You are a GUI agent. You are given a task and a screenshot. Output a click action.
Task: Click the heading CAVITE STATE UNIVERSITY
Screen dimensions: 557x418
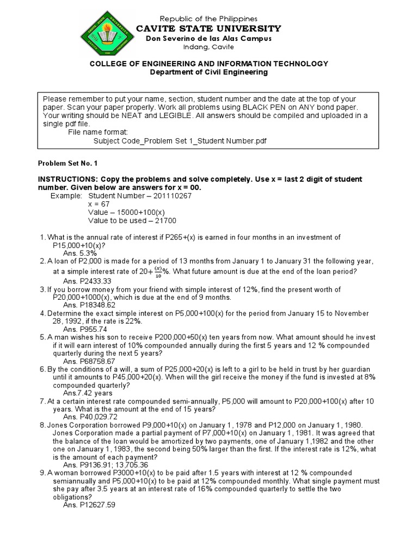pyautogui.click(x=208, y=28)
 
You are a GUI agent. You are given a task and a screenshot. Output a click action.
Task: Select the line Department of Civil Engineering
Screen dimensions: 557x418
pyautogui.click(x=208, y=72)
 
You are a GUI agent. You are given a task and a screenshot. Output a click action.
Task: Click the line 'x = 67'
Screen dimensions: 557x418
pyautogui.click(x=99, y=203)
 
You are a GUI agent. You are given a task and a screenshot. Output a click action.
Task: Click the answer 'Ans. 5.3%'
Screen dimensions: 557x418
pyautogui.click(x=80, y=253)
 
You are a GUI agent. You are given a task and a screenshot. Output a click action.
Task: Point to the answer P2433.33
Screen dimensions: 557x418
pyautogui.click(x=96, y=281)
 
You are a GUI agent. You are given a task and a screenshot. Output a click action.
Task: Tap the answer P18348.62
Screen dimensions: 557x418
pyautogui.click(x=98, y=305)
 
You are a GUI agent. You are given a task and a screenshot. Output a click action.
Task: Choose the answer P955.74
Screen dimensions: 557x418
pyautogui.click(x=94, y=329)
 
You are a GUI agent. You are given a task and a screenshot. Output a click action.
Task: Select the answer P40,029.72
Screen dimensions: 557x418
pyautogui.click(x=99, y=417)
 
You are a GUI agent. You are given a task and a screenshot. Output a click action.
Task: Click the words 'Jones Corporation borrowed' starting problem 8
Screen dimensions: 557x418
pyautogui.click(x=93, y=425)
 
